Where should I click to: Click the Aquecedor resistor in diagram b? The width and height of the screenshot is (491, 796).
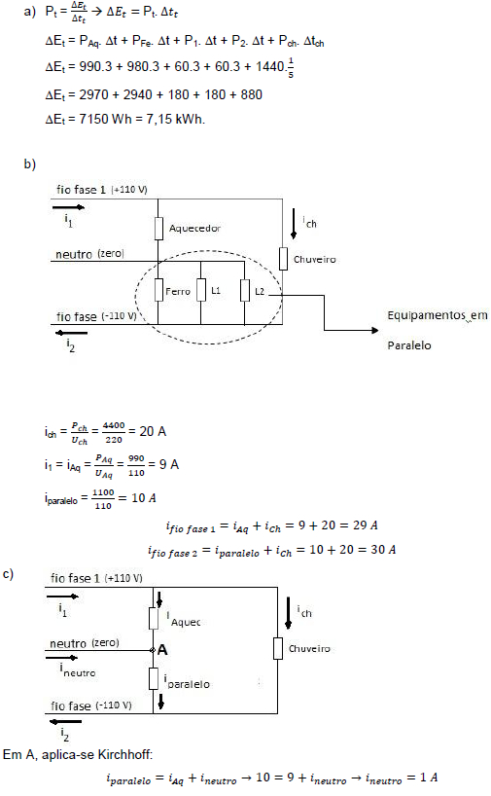(158, 229)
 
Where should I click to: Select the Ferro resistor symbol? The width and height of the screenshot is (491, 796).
(158, 290)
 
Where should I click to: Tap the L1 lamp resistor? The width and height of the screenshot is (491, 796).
(201, 290)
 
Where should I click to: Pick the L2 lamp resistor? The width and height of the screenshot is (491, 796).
(245, 290)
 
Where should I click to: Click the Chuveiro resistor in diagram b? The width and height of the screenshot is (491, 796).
(283, 259)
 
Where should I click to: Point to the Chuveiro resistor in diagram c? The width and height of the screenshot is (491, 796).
(278, 648)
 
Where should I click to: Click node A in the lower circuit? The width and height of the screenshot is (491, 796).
(153, 650)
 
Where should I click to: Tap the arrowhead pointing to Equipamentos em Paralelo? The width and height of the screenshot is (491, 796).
(375, 331)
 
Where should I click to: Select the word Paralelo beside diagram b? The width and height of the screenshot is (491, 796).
(409, 345)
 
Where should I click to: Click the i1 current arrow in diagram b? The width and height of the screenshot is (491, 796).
(68, 207)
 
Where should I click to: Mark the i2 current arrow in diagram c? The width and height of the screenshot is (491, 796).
(66, 721)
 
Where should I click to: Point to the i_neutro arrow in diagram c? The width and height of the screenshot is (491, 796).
(61, 658)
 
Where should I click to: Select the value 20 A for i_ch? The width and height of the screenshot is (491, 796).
(153, 431)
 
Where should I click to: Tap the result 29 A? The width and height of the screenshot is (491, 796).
(366, 525)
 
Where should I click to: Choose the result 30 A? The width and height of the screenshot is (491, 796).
(383, 549)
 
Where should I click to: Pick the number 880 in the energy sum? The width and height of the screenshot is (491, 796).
(252, 95)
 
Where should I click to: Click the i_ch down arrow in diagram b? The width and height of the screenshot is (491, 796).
(294, 224)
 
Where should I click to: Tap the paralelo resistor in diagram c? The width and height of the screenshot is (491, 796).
(154, 678)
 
